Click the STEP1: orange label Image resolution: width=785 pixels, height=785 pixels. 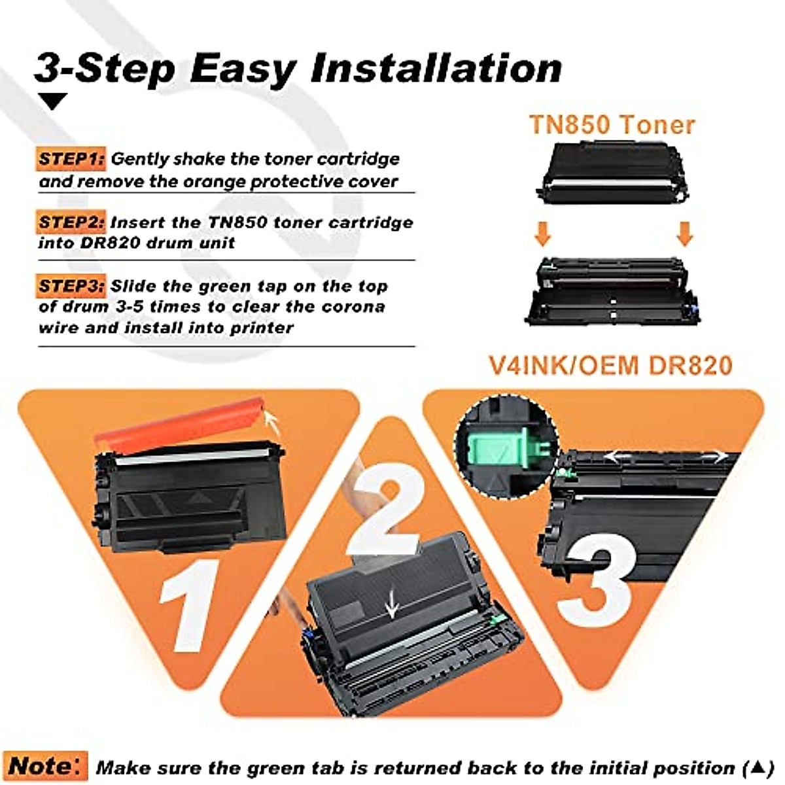pyautogui.click(x=71, y=159)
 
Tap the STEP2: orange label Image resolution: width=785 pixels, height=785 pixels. pyautogui.click(x=71, y=222)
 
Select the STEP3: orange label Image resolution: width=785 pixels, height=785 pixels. pyautogui.click(x=71, y=286)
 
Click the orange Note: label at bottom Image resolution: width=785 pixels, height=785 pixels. pyautogui.click(x=45, y=766)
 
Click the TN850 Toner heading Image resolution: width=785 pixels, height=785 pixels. pyautogui.click(x=612, y=124)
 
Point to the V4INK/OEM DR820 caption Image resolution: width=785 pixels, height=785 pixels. pyautogui.click(x=611, y=365)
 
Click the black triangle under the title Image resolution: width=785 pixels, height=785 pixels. pyautogui.click(x=53, y=101)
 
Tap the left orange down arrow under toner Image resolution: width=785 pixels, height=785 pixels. pyautogui.click(x=542, y=234)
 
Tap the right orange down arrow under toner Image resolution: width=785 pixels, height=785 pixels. pyautogui.click(x=684, y=234)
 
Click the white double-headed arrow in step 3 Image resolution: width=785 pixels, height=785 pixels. pyautogui.click(x=664, y=456)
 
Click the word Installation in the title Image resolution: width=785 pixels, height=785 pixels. pyautogui.click(x=436, y=67)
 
